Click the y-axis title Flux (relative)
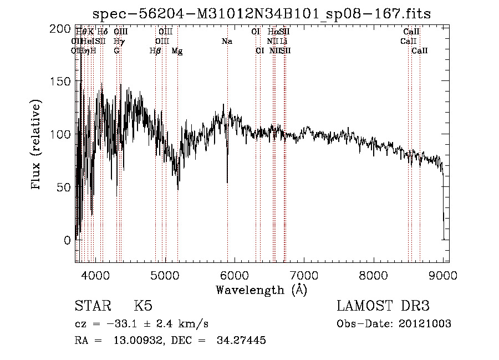[x=37, y=145]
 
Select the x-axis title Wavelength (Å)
[x=261, y=290]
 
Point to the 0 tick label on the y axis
[x=67, y=240]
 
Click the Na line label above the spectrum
[x=227, y=42]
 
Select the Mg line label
[x=177, y=51]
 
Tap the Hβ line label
[x=155, y=51]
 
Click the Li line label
[x=283, y=42]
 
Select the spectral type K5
[x=143, y=306]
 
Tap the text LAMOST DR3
[x=383, y=306]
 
